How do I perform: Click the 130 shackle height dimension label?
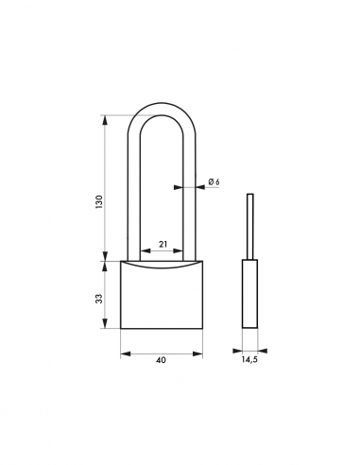click(x=99, y=202)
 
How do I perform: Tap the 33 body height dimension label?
click(x=99, y=299)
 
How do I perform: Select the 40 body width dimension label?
click(x=161, y=360)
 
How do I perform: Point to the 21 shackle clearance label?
click(x=163, y=244)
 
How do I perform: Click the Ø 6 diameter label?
click(x=214, y=181)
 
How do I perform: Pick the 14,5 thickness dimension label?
click(x=249, y=359)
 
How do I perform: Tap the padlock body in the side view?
click(x=249, y=294)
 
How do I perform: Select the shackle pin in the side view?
click(x=250, y=226)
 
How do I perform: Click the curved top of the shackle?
click(x=162, y=109)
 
